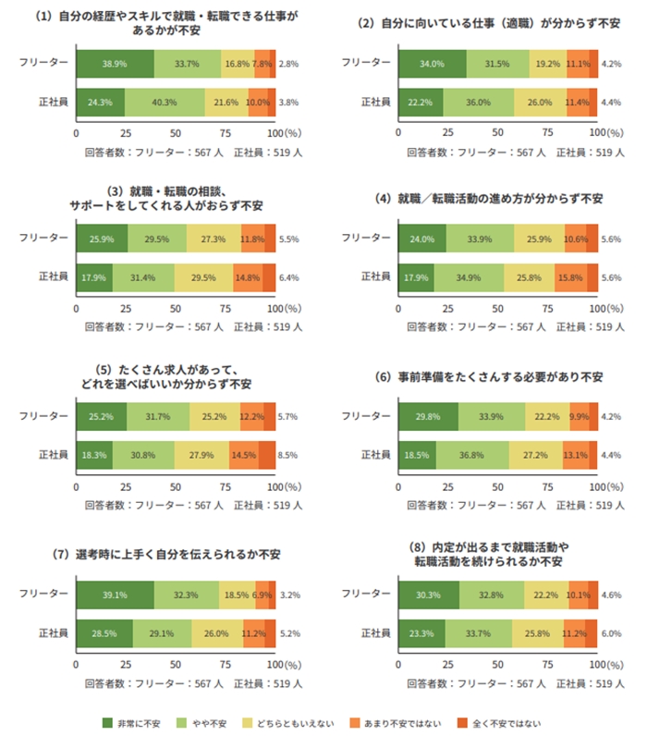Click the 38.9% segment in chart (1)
click(115, 63)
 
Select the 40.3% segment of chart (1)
click(165, 102)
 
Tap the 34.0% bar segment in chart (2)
click(432, 63)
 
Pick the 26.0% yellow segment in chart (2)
click(541, 102)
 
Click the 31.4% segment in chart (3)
click(143, 277)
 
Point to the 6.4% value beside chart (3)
click(288, 277)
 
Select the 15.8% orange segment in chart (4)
click(570, 277)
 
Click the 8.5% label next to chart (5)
click(288, 454)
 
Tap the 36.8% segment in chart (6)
click(472, 454)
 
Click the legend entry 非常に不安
click(132, 722)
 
